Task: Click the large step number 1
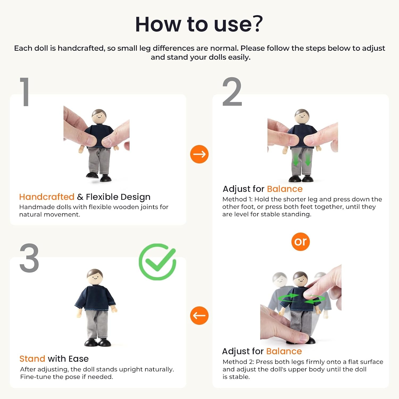(25, 92)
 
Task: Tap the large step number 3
(29, 258)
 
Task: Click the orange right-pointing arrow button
(199, 154)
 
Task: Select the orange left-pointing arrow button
(199, 315)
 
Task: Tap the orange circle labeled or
(301, 242)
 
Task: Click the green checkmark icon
(157, 262)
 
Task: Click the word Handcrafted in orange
(47, 197)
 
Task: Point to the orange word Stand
(32, 359)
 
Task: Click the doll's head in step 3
(95, 277)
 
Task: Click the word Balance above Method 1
(285, 189)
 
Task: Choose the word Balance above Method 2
(284, 351)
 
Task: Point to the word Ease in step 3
(78, 359)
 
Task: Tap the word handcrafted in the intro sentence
(81, 48)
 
